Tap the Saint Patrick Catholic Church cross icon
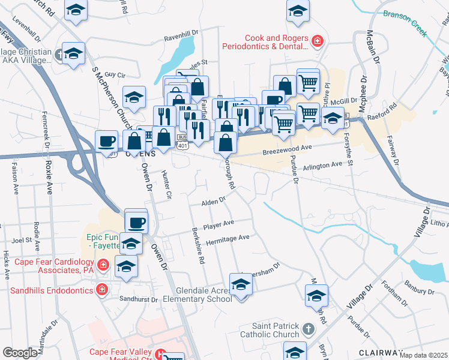tap(308, 328)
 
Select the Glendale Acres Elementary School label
tap(187, 294)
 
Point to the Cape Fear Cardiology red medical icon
tap(103, 264)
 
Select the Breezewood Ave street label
tap(288, 149)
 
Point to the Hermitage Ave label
tap(228, 238)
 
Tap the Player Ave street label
tap(218, 225)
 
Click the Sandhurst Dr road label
tap(138, 299)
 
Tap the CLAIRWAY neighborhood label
tap(381, 352)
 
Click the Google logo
tap(20, 352)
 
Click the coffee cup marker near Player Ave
tap(136, 221)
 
